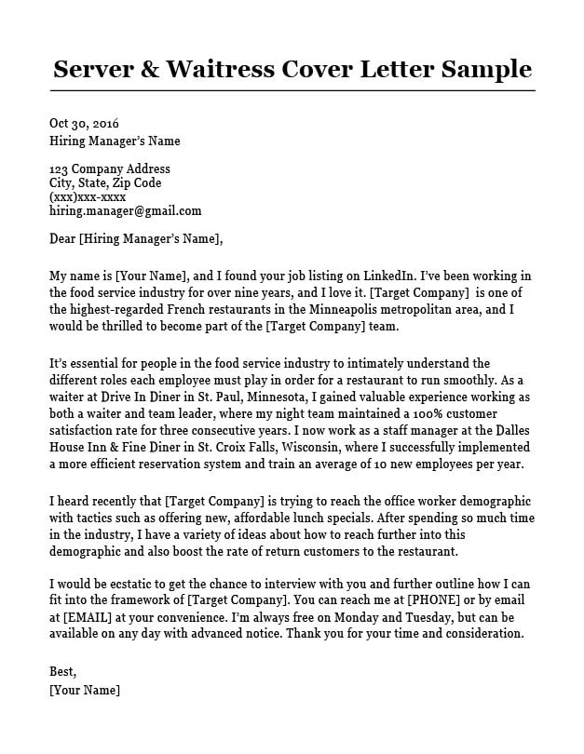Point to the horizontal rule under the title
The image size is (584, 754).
[292, 90]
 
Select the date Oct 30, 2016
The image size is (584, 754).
[84, 124]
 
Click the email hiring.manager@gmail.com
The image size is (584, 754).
[125, 211]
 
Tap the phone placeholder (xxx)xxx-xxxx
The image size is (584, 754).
[88, 197]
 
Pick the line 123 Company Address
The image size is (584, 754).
[109, 169]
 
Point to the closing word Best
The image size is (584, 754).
[62, 672]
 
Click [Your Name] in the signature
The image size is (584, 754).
[85, 691]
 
